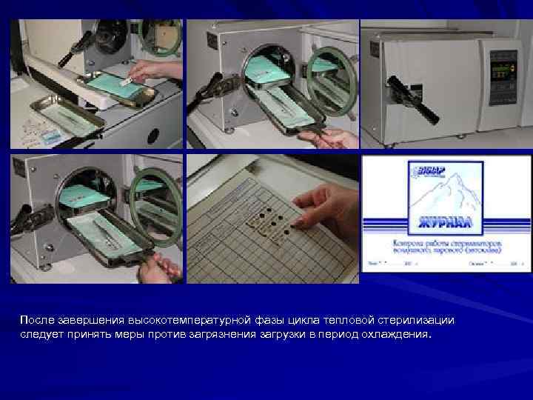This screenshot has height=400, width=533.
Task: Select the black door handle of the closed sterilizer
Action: pyautogui.click(x=415, y=101)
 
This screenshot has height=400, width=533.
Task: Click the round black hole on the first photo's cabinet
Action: pyautogui.click(x=152, y=136)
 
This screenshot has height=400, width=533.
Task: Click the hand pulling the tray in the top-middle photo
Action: pyautogui.click(x=337, y=138)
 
